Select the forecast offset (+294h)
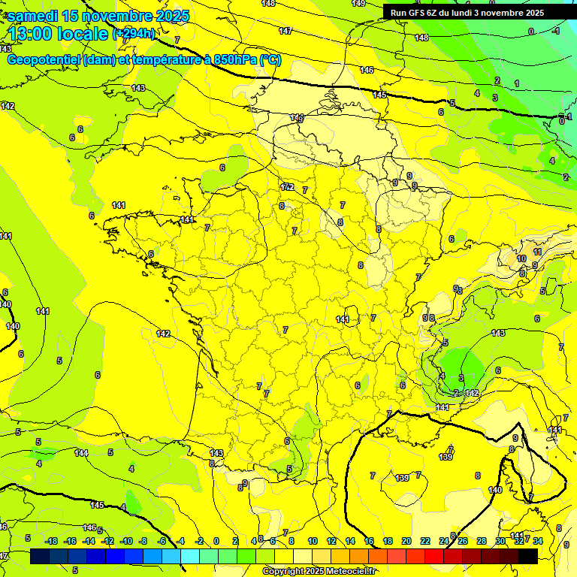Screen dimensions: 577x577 134,33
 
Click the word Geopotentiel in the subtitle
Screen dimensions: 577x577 44,60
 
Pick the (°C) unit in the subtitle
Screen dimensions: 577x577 270,60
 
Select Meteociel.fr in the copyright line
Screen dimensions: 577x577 346,572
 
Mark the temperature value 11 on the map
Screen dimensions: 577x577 537,252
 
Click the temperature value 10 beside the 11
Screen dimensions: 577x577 521,258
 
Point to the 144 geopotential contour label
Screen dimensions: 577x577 81,453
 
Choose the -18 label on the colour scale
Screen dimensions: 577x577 52,541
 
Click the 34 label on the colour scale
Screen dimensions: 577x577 538,541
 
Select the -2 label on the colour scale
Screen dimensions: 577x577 199,541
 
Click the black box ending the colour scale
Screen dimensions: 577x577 528,556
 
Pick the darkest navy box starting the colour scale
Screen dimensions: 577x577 40,556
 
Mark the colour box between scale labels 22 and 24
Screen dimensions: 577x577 434,556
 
